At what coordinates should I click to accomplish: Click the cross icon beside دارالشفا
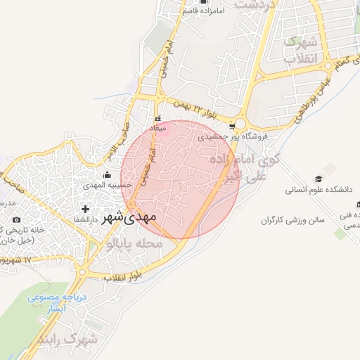click(x=86, y=209)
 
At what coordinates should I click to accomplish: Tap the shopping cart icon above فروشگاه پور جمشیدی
click(x=232, y=127)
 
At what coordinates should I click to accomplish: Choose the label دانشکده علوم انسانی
click(x=320, y=190)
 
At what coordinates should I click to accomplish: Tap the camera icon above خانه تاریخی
click(x=17, y=219)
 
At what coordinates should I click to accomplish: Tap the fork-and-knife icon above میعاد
click(x=158, y=118)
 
